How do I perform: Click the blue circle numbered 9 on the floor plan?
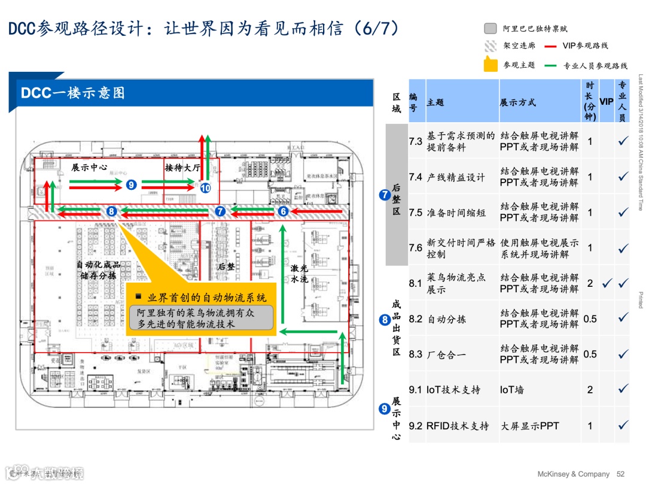point(132,185)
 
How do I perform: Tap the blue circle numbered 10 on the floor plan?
point(205,188)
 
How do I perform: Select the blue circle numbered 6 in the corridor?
point(284,211)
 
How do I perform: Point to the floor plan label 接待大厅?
point(183,168)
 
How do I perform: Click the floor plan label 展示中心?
point(89,168)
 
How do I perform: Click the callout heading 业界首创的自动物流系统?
point(201,298)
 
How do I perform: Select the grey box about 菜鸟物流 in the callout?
point(201,317)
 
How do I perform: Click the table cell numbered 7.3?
point(416,141)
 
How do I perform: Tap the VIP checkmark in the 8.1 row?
point(607,283)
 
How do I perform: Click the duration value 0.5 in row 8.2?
point(590,319)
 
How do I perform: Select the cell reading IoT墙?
point(512,390)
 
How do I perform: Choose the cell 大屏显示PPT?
point(529,426)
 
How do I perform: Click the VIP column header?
point(607,101)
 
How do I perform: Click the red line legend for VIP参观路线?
point(551,46)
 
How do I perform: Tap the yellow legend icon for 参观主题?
point(490,64)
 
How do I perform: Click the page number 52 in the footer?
point(620,474)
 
